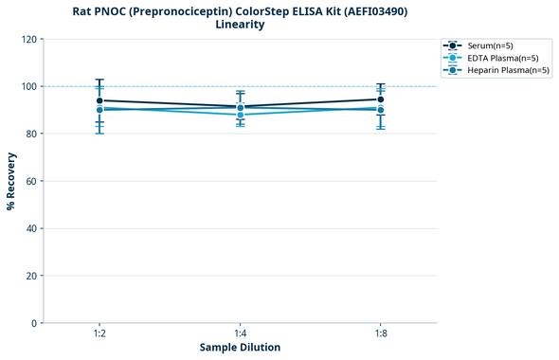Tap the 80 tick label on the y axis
coord(31,134)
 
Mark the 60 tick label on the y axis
coord(31,181)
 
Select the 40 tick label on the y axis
coord(31,228)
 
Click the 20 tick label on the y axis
coord(31,276)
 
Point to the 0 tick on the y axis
coord(34,323)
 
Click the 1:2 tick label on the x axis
coord(99,334)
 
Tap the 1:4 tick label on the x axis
coord(240,334)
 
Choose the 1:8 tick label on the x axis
coord(380,334)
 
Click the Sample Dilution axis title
coord(240,348)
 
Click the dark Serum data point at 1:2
coord(99,100)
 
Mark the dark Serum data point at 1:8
coord(380,99)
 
